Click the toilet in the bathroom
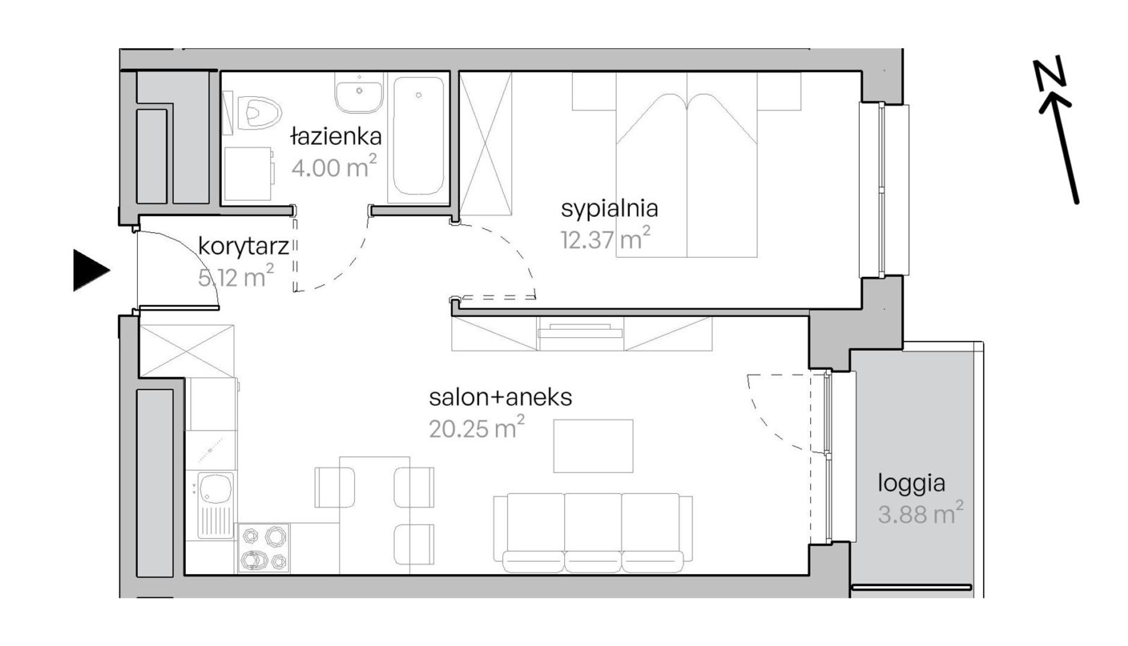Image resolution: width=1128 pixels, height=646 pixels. pyautogui.click(x=259, y=112)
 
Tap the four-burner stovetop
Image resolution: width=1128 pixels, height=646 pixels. pyautogui.click(x=264, y=548)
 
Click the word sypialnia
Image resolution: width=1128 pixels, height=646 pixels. pyautogui.click(x=610, y=209)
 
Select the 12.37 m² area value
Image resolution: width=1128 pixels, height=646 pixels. pyautogui.click(x=606, y=238)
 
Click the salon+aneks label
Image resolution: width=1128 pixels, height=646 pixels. pyautogui.click(x=500, y=397)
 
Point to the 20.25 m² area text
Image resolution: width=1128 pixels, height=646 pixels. pyautogui.click(x=477, y=427)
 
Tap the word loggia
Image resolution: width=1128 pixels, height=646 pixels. pyautogui.click(x=911, y=484)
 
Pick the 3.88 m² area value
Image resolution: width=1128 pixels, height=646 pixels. pyautogui.click(x=920, y=513)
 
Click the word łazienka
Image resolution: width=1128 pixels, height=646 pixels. pyautogui.click(x=336, y=137)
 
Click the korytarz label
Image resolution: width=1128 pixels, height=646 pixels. pyautogui.click(x=243, y=246)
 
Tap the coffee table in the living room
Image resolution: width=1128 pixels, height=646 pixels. pyautogui.click(x=593, y=446)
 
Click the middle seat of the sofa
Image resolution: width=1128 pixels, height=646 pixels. pyautogui.click(x=592, y=533)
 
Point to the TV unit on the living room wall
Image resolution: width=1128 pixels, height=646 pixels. pyautogui.click(x=581, y=334)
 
